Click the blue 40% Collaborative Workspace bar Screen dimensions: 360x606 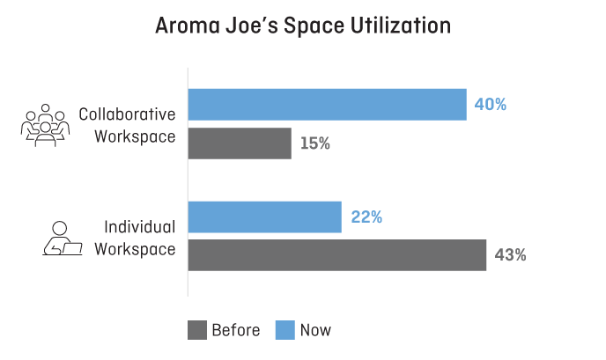coord(327,104)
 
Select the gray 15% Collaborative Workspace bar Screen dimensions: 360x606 coord(240,143)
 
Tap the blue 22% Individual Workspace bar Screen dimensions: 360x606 coord(264,217)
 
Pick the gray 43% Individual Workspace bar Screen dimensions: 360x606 coord(336,254)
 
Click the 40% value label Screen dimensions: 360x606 coord(491,104)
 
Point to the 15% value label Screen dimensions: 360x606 coord(314,143)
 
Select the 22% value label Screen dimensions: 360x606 coord(366,217)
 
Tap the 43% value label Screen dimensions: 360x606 coord(511,255)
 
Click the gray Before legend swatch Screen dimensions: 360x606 coord(196,330)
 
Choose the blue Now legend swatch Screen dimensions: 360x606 coord(285,330)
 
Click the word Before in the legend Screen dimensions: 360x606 coord(235,330)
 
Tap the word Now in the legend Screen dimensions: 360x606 coord(315,330)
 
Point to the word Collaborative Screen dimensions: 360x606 coord(127,114)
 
